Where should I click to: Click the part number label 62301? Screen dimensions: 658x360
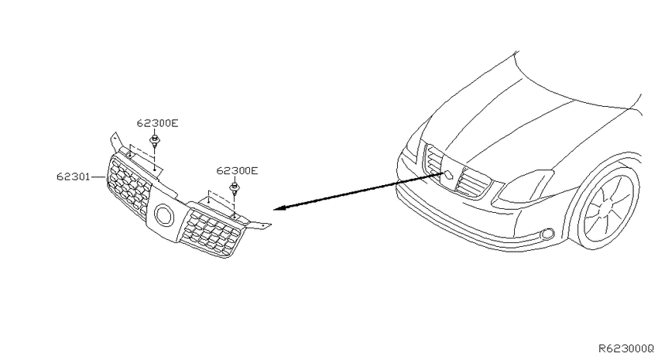click(x=74, y=177)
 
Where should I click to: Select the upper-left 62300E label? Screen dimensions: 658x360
click(x=157, y=123)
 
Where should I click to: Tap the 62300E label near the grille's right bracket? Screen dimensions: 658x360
click(x=237, y=171)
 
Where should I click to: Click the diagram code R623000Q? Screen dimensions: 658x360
click(x=626, y=348)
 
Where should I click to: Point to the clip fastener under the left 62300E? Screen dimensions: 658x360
click(x=156, y=141)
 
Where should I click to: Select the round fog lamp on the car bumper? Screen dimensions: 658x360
click(x=547, y=234)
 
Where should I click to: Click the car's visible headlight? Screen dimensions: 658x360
click(x=525, y=187)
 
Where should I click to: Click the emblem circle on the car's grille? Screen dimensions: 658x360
click(x=448, y=176)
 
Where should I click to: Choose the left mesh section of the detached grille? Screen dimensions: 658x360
click(x=129, y=184)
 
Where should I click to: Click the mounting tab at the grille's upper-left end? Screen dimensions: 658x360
click(x=115, y=142)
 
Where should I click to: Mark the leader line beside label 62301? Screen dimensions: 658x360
click(x=98, y=177)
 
